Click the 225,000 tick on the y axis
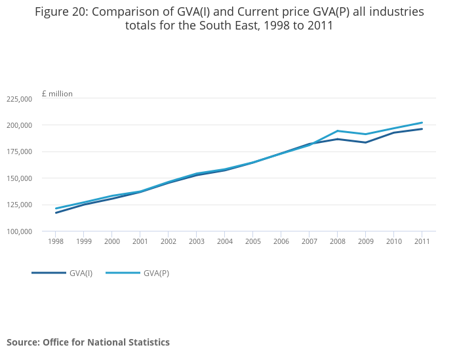coord(18,99)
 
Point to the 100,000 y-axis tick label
coord(18,231)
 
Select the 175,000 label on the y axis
coord(18,152)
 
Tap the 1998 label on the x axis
coord(56,241)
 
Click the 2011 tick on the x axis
coord(422,241)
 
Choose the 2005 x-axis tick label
coord(253,241)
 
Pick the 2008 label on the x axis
coord(337,241)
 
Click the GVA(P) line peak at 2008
coord(337,130)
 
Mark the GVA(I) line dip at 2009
coord(365,142)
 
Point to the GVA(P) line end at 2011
coord(422,123)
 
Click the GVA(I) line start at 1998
coord(56,212)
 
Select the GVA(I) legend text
coord(81,273)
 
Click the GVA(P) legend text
coord(156,273)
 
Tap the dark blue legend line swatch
coord(49,273)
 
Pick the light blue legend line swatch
coord(123,273)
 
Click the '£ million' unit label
coord(57,94)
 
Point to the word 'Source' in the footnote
coord(22,342)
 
